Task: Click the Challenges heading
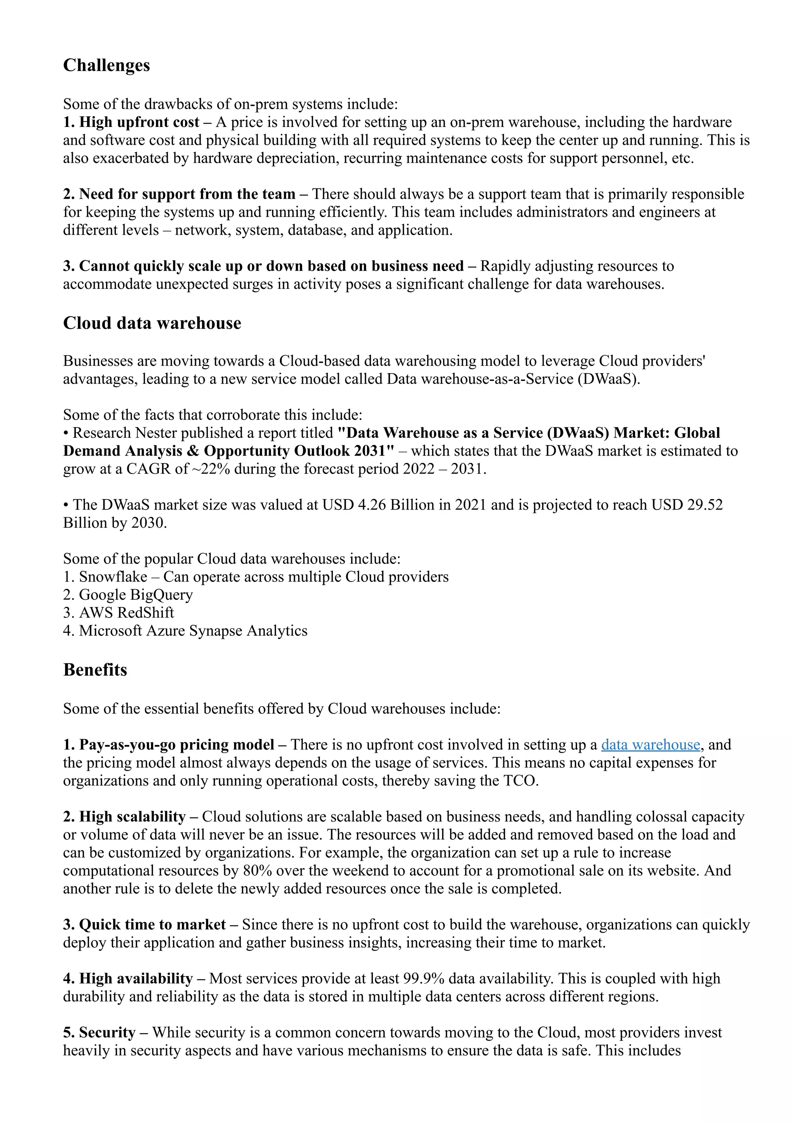point(106,65)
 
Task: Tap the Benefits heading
point(95,669)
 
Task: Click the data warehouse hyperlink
point(651,745)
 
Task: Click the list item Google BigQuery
point(136,595)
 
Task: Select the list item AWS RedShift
point(126,613)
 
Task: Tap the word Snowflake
point(113,577)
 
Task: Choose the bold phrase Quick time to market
point(152,925)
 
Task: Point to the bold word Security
point(107,1033)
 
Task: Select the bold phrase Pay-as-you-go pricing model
point(177,745)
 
